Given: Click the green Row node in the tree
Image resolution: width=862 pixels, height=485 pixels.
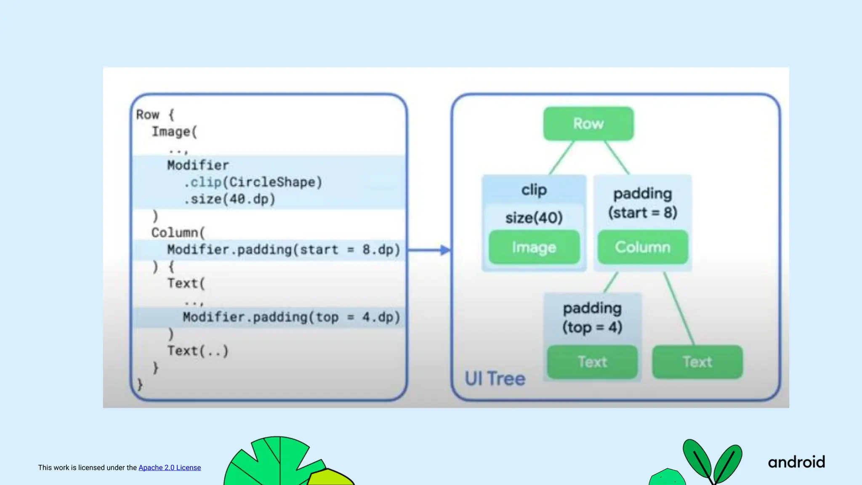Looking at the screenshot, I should [588, 124].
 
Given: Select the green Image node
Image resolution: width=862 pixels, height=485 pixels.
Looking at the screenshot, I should [534, 247].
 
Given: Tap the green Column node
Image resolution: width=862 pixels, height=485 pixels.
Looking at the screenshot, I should [642, 247].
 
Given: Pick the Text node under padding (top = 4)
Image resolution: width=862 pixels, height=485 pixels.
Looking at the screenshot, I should [592, 362].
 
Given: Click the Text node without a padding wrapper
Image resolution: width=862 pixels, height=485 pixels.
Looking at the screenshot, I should [697, 362].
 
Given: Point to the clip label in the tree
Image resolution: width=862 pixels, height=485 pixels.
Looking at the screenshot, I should [534, 190].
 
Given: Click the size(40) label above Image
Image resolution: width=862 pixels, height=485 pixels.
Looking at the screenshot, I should [534, 218].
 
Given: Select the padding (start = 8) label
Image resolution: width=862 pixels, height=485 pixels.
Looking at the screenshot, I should [642, 203].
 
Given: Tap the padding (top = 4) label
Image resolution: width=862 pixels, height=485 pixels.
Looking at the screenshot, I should [592, 318].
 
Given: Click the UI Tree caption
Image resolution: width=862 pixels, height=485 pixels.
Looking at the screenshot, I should [495, 378].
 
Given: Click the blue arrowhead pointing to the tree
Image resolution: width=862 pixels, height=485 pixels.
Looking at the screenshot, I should [444, 250].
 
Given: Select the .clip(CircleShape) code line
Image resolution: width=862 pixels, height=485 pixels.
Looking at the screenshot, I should [253, 182].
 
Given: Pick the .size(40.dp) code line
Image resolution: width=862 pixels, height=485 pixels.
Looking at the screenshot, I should [229, 199].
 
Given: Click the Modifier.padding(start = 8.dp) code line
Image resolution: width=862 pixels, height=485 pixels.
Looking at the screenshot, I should [283, 250].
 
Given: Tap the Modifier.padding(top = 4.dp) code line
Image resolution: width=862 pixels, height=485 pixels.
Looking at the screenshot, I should [291, 317].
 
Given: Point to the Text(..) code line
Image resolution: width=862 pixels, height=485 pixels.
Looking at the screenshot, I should [198, 351].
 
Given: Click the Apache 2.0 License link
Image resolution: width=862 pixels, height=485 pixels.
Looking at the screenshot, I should [170, 468].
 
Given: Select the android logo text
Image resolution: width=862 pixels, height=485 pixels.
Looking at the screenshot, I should [796, 462].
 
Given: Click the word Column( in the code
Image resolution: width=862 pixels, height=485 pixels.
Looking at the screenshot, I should [178, 233].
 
